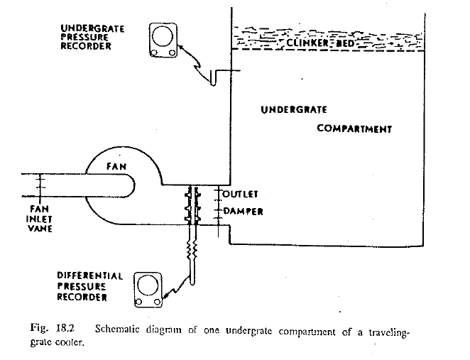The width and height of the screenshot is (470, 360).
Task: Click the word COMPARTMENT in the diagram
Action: click(x=354, y=129)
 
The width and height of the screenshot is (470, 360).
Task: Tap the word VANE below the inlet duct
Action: click(x=38, y=229)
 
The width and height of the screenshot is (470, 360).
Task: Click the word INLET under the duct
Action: click(x=38, y=219)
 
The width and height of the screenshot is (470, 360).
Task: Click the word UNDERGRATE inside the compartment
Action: click(x=293, y=110)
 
